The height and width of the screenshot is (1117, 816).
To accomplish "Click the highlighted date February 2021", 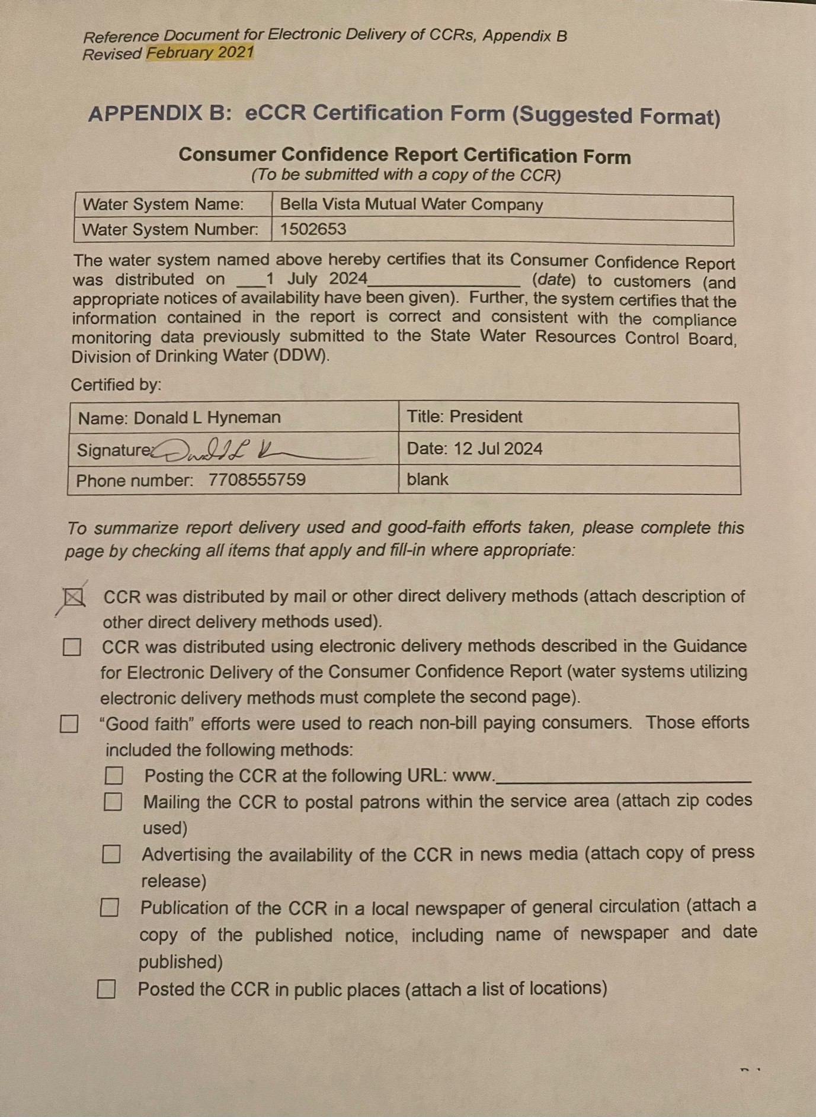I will [x=200, y=53].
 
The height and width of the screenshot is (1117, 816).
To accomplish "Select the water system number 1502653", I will [x=313, y=229].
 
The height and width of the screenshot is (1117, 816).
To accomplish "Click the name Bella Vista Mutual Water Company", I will [x=411, y=204].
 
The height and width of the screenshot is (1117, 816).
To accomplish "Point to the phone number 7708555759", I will [x=257, y=479].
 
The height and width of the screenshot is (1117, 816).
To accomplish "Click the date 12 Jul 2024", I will [x=498, y=449].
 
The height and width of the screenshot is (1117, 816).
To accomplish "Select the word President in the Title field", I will [x=485, y=417].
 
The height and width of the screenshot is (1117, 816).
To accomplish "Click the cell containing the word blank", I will [x=427, y=479].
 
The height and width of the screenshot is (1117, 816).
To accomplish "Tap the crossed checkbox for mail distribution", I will [x=73, y=597].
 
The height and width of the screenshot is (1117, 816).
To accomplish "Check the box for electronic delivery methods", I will [x=72, y=647].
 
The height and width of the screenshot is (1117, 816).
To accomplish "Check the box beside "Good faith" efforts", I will [x=69, y=724].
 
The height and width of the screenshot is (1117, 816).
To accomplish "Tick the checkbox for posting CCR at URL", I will [x=114, y=776].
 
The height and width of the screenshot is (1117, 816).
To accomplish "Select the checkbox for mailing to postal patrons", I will [x=113, y=802].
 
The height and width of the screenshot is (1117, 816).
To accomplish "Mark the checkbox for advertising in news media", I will [x=111, y=854].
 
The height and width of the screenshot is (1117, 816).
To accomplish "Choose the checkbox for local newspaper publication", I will [x=109, y=907].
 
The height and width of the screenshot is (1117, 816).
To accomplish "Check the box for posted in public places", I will [x=106, y=988].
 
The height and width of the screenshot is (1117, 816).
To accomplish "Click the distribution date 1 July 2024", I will [x=317, y=279].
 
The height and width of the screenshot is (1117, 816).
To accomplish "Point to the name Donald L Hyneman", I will [x=207, y=418].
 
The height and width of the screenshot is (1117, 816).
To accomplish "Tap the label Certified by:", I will [x=116, y=385].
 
